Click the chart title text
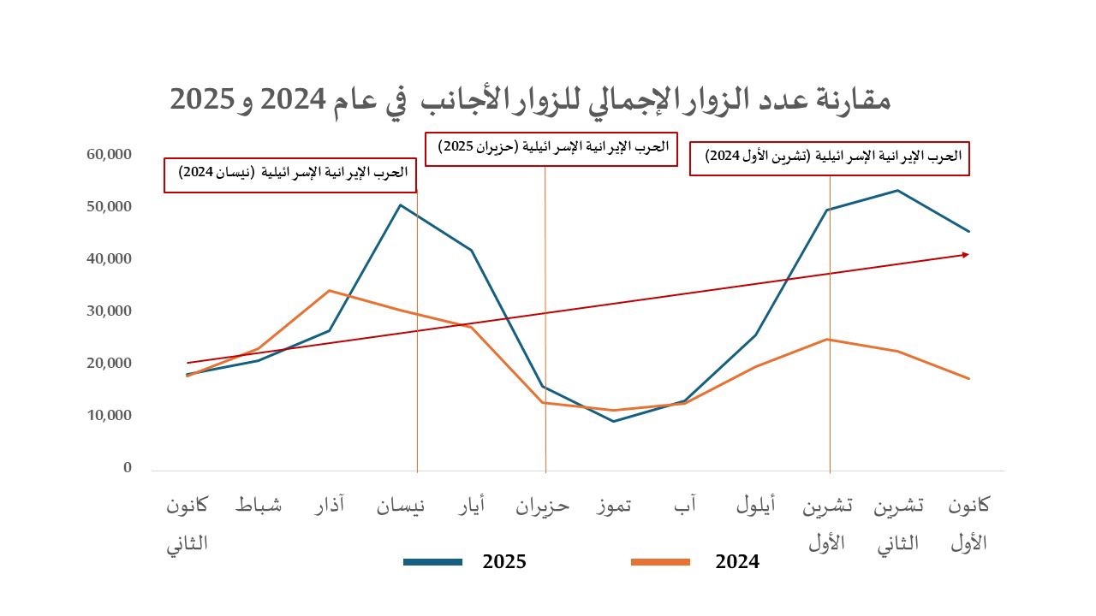530,99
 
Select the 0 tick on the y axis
128,468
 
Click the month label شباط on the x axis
259,506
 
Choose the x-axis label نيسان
401,506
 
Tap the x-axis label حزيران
542,506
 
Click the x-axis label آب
685,506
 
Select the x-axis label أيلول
756,506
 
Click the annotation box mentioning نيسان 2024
290,175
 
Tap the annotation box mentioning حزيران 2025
551,149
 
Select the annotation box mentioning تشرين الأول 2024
829,158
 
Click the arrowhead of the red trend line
966,254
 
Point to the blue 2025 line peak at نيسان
400,204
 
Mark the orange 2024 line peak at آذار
329,291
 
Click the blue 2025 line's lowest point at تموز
613,421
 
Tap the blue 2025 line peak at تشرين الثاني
897,190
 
